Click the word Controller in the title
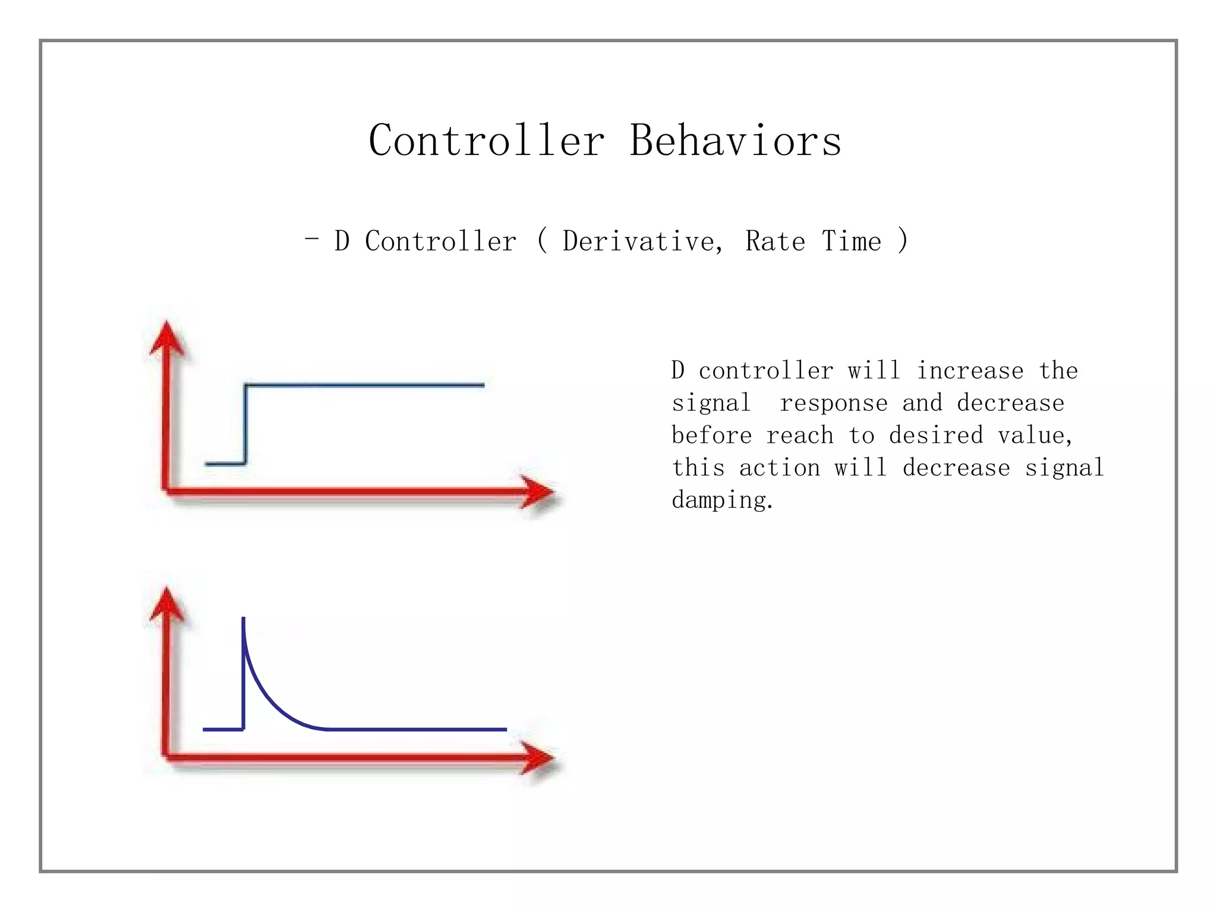(486, 141)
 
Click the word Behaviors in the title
(736, 141)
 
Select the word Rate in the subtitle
(775, 241)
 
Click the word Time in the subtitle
(851, 241)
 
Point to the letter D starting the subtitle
(342, 241)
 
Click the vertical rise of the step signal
(245, 425)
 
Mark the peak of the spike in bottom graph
(244, 620)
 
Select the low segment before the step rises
(225, 463)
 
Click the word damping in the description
(721, 501)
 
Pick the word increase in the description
(970, 371)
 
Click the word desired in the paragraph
(936, 436)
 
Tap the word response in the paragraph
(833, 403)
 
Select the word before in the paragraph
(711, 436)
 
